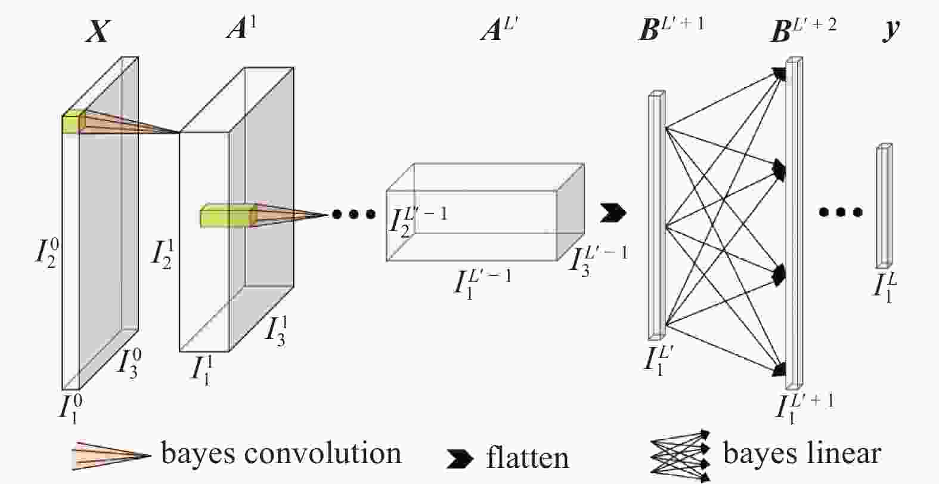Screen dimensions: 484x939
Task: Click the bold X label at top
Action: click(97, 31)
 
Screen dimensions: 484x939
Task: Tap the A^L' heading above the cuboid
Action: click(500, 29)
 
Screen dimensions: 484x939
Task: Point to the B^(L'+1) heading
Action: click(670, 29)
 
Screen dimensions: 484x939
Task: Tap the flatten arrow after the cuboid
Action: click(613, 212)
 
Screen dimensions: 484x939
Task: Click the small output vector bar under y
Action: click(884, 206)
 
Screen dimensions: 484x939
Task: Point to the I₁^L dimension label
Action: click(885, 286)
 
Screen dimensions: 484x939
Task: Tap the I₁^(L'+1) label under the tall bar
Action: click(804, 407)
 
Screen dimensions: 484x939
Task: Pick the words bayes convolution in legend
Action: click(281, 454)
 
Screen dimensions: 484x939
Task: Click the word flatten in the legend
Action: click(527, 458)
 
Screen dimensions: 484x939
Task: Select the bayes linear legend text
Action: click(801, 454)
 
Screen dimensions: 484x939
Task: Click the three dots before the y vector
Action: click(840, 211)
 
